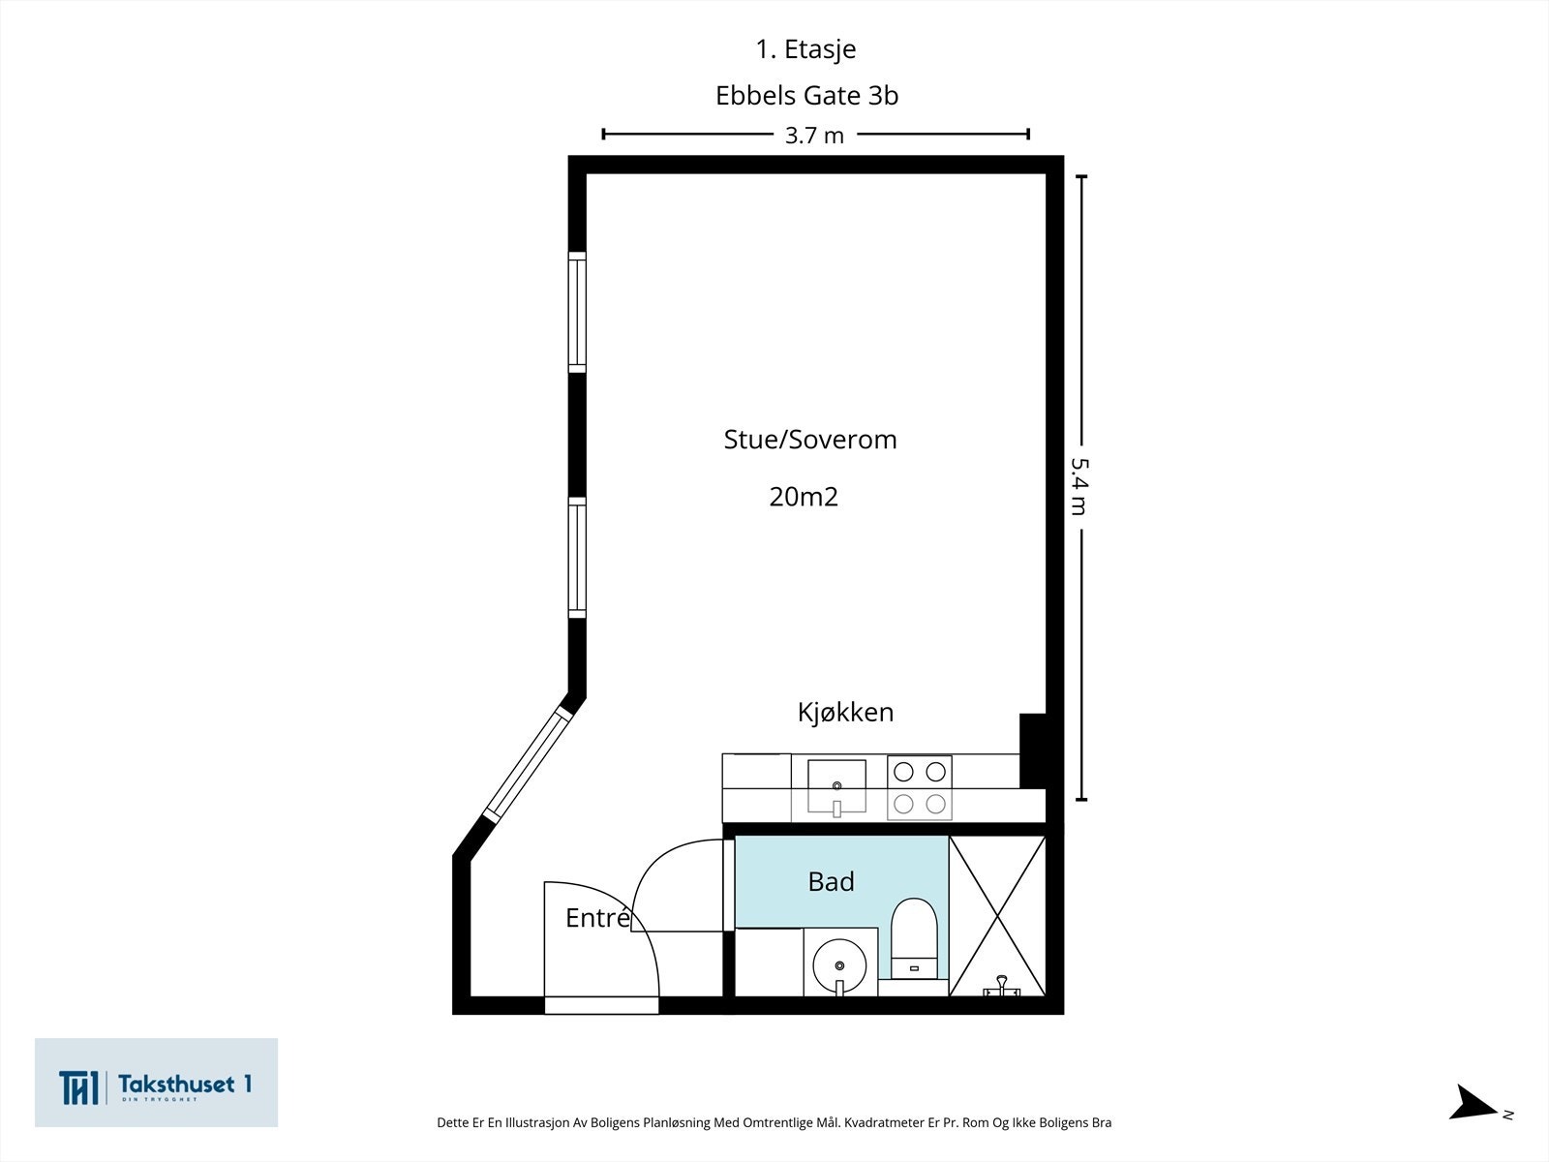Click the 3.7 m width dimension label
814,136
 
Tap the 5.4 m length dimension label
1079,486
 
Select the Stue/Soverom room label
810,440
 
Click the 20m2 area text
804,497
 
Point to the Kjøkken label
845,713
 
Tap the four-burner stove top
920,787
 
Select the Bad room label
831,882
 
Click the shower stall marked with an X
997,916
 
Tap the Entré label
597,918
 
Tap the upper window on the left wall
577,312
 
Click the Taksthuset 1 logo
156,1083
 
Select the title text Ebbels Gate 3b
806,96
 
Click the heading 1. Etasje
805,48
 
